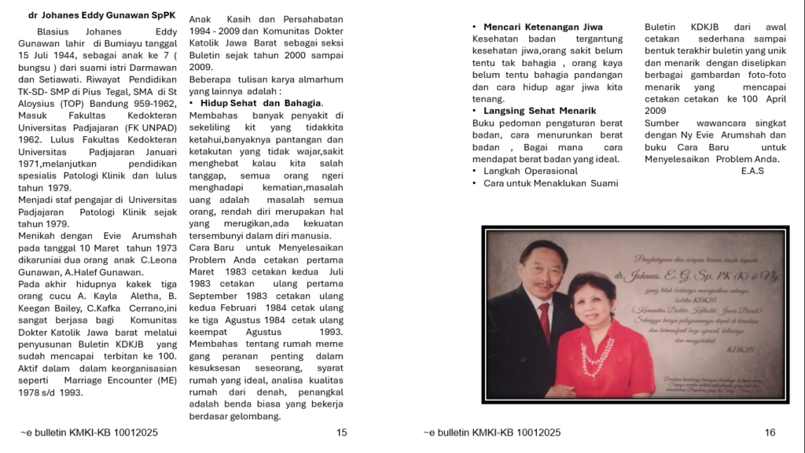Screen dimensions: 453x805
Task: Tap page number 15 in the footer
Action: pos(341,433)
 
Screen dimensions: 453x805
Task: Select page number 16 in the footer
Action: pos(770,433)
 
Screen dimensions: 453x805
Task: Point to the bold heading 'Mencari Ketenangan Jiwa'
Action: pos(542,27)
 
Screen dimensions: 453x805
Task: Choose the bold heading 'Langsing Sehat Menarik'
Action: pos(539,111)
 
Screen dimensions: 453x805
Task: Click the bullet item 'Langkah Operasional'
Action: pos(531,171)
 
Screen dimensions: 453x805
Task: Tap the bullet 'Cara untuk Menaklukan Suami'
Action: pos(550,183)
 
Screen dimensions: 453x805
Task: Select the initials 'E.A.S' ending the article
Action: pos(752,171)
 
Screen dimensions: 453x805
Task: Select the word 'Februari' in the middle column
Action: pos(241,308)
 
